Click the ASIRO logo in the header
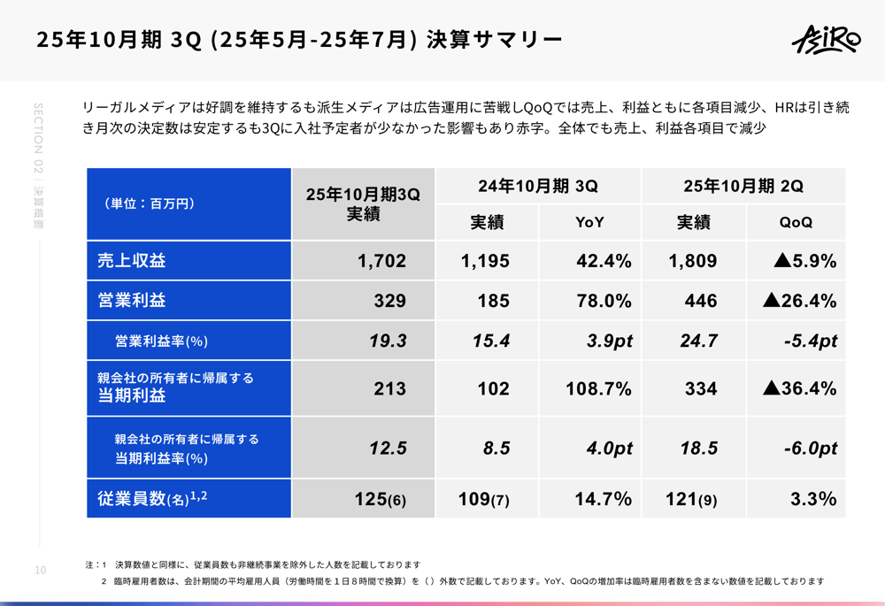[824, 40]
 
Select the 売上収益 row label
[132, 261]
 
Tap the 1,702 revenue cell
[381, 261]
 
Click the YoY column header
[589, 223]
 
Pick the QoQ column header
[796, 223]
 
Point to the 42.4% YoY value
[601, 261]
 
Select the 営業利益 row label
[132, 301]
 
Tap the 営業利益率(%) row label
[161, 341]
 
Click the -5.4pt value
[810, 341]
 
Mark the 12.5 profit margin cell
[388, 449]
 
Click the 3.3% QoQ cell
[812, 499]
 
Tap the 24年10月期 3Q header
[538, 187]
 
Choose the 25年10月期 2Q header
[743, 187]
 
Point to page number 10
[40, 571]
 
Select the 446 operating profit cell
[701, 301]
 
